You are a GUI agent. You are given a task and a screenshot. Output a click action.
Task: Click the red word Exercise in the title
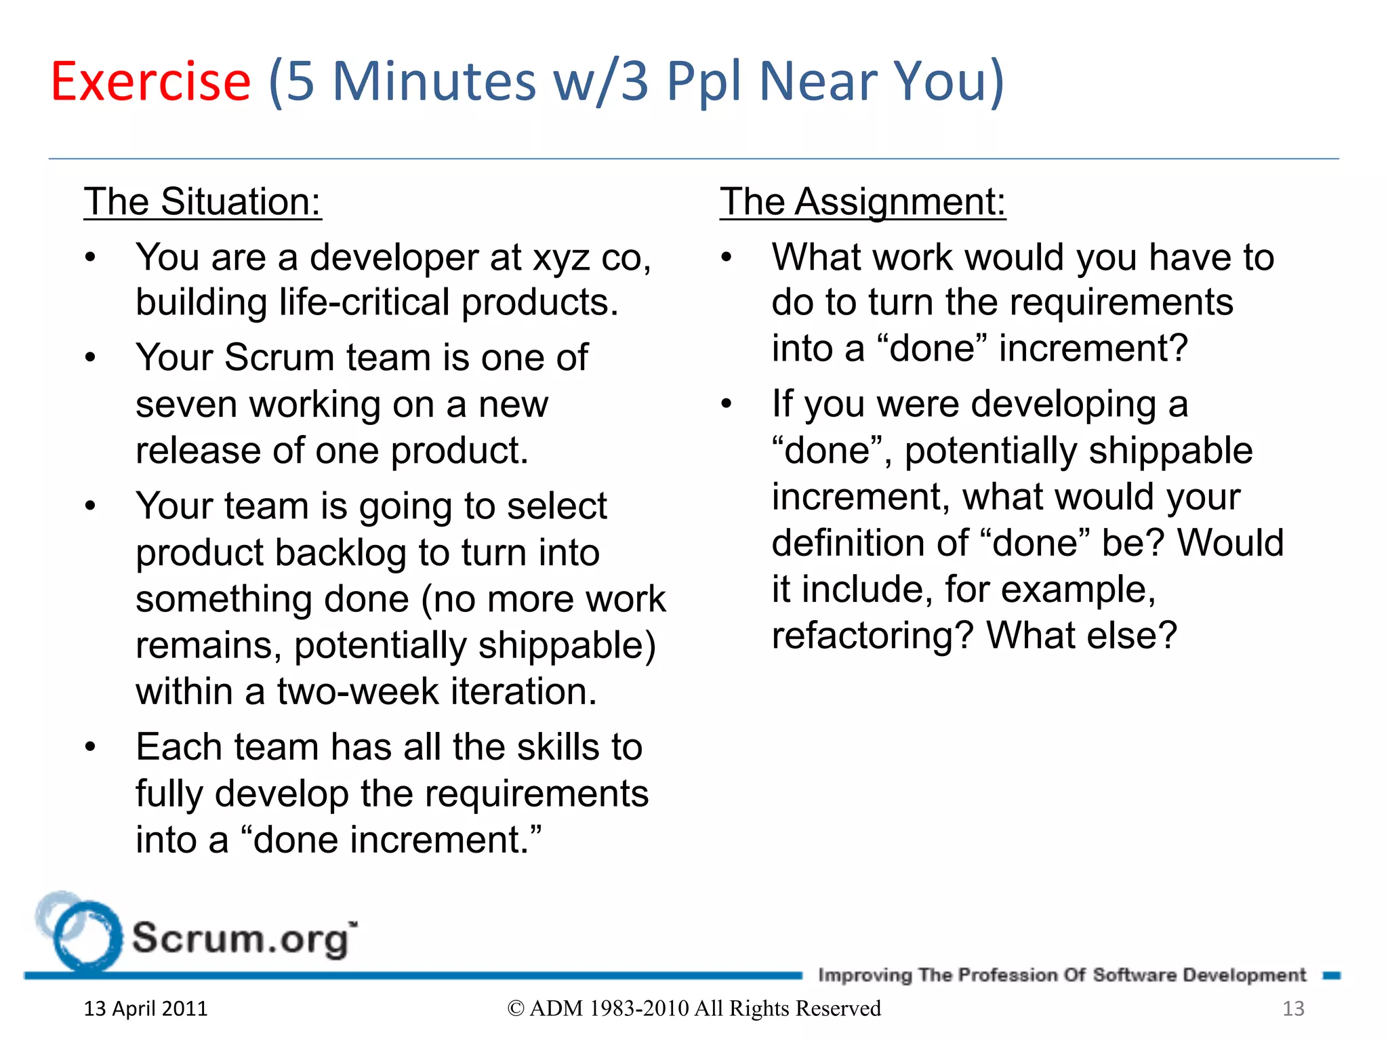(150, 81)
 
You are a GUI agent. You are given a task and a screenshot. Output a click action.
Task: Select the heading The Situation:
(202, 202)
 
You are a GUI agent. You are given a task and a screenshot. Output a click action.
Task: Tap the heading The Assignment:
(862, 202)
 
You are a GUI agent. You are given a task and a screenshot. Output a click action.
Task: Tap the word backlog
(341, 553)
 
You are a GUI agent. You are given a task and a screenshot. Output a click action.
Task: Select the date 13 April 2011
(146, 1008)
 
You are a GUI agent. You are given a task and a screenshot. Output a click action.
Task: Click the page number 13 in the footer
(1293, 1008)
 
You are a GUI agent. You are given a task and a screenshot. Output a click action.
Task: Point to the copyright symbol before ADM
(516, 1009)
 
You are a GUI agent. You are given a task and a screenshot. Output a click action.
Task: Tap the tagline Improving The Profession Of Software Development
(1061, 975)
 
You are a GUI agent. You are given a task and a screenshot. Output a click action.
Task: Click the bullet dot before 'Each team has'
(90, 748)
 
